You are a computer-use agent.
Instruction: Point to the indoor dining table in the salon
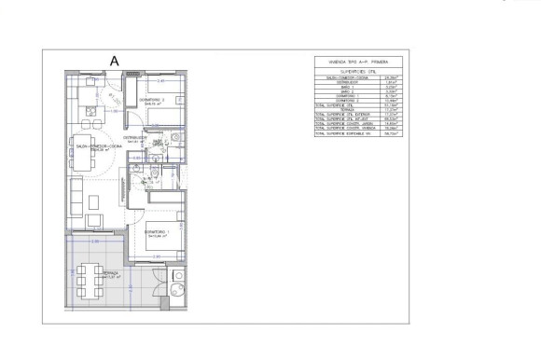coord(85,155)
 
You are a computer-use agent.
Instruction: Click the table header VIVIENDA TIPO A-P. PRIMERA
coord(367,62)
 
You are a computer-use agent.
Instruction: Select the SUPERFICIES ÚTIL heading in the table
coord(367,71)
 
